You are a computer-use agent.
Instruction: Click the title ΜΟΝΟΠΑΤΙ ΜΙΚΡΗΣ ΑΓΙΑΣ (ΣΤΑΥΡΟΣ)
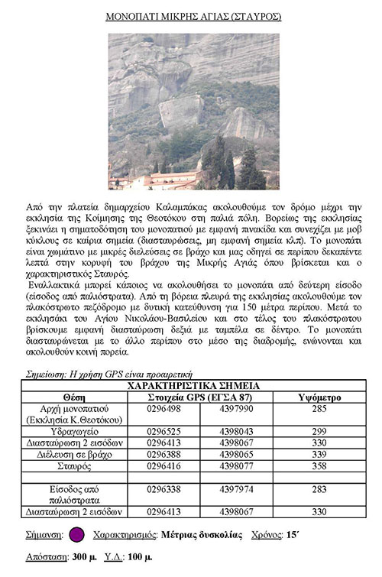[x=192, y=15]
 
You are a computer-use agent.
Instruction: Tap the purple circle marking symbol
[x=76, y=535]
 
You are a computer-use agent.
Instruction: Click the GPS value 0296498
[x=163, y=409]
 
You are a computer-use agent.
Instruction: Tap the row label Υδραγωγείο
[x=74, y=431]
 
